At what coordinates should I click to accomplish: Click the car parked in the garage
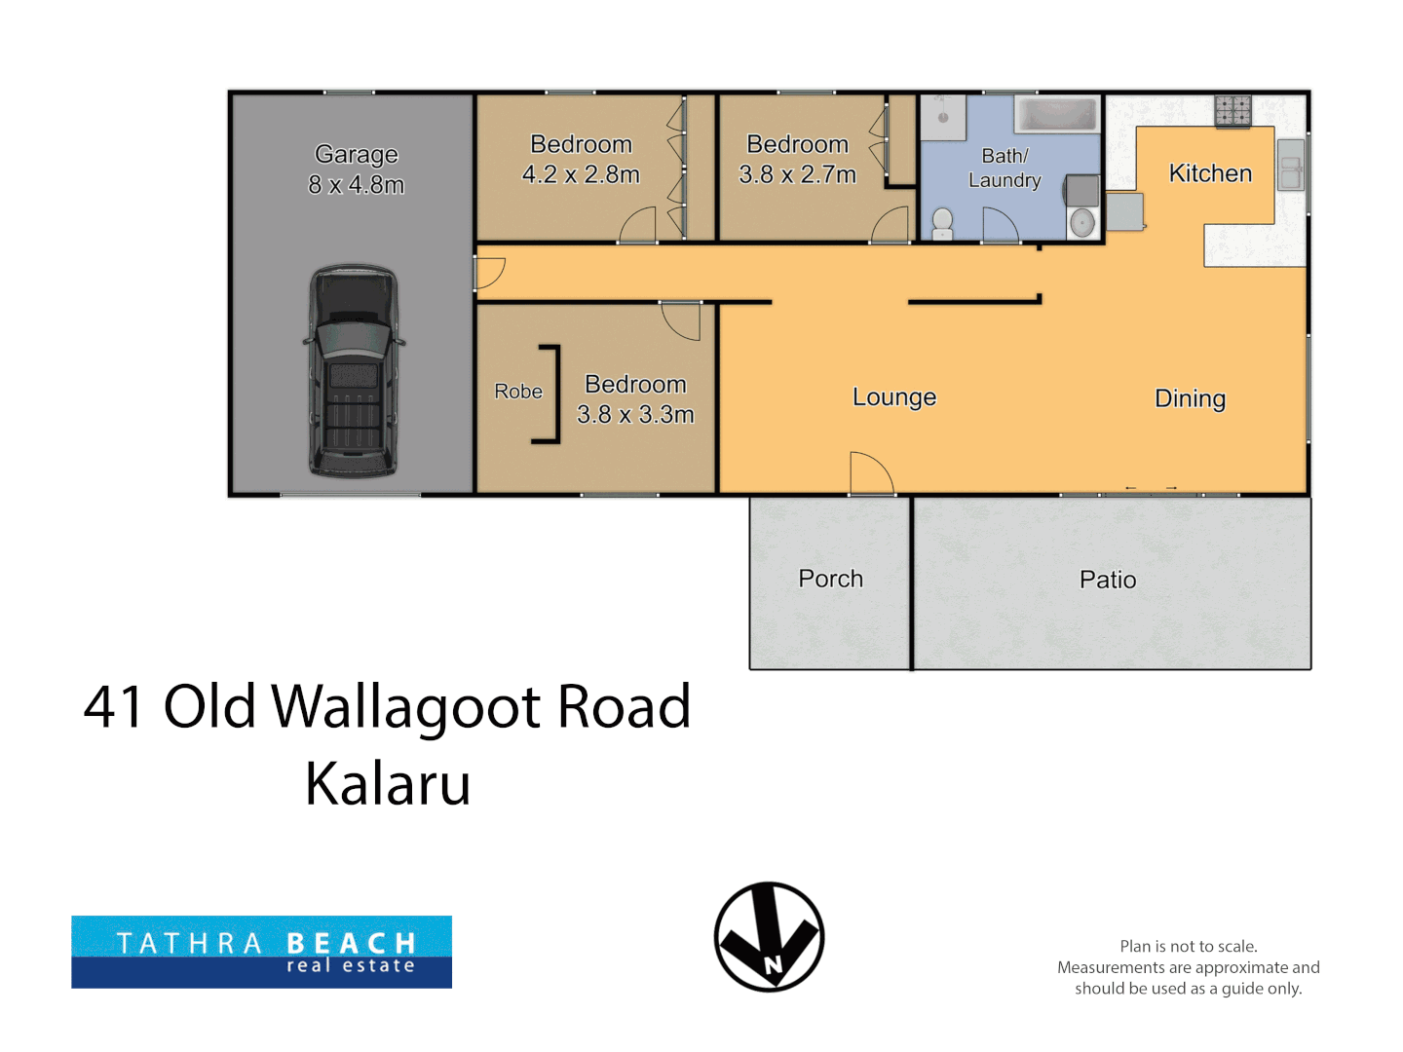(x=354, y=371)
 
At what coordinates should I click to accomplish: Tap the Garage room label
(x=356, y=155)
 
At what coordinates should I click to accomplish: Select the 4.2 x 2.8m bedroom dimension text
(x=581, y=174)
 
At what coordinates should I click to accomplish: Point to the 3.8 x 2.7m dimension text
(x=797, y=174)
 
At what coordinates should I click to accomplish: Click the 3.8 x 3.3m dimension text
(x=634, y=415)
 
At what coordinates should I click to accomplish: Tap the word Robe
(x=517, y=391)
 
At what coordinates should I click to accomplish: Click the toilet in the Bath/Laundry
(x=942, y=224)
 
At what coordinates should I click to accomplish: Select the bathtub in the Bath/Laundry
(x=1056, y=114)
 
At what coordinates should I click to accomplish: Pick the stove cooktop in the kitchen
(x=1232, y=110)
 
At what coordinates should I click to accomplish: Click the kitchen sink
(x=1290, y=165)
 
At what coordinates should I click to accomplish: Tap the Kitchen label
(x=1210, y=173)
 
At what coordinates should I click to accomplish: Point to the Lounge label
(x=893, y=397)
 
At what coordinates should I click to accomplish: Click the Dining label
(x=1190, y=398)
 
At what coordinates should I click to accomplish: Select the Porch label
(x=830, y=579)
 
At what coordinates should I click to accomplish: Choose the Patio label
(x=1107, y=580)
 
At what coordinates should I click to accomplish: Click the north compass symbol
(x=769, y=936)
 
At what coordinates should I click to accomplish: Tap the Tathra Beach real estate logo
(x=261, y=952)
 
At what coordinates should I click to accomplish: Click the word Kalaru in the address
(x=388, y=784)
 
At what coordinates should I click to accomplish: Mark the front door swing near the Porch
(x=871, y=473)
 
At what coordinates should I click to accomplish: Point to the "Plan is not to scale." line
(x=1188, y=946)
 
